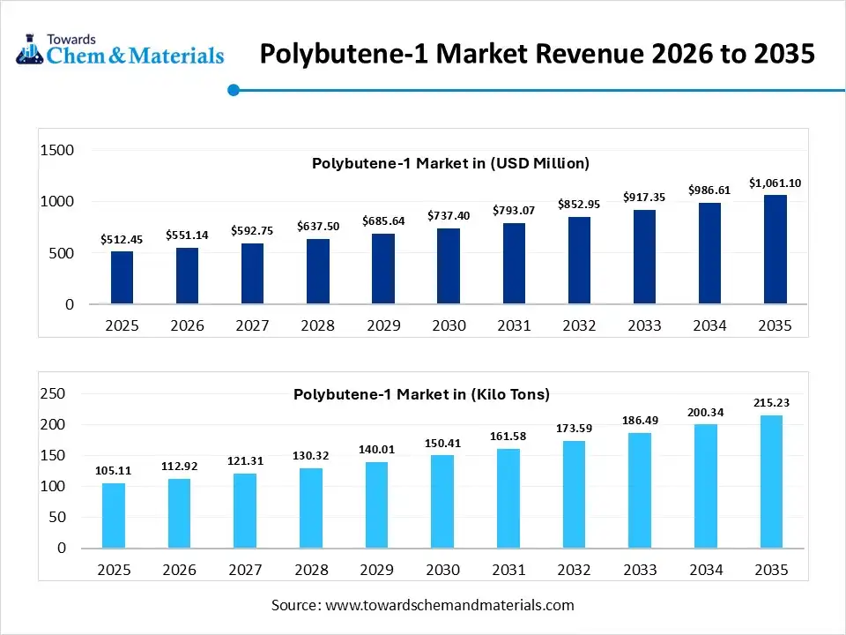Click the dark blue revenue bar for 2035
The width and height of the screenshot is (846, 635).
click(775, 250)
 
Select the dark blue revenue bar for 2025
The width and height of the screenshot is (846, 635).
click(122, 277)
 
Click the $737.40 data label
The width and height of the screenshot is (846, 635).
click(449, 215)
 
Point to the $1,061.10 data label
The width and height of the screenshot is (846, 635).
click(775, 183)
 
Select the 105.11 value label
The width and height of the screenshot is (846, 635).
click(114, 471)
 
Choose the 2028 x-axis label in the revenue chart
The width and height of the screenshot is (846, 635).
click(317, 325)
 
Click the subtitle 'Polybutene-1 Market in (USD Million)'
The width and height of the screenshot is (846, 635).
click(450, 163)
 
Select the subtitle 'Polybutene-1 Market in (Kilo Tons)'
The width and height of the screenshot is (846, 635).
click(421, 394)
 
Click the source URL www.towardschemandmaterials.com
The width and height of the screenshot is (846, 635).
click(449, 605)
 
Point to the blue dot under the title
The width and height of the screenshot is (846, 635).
click(234, 89)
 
